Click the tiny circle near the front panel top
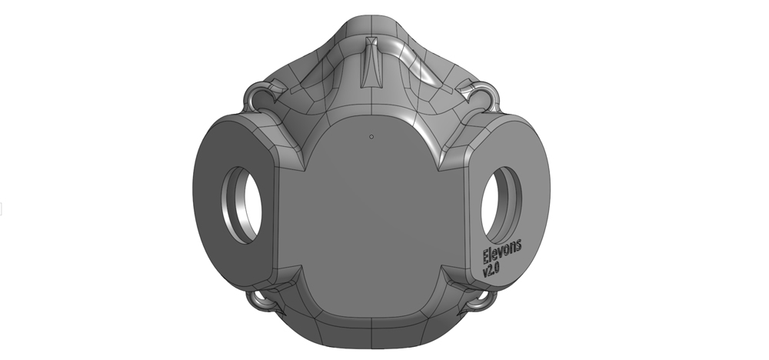[371, 136]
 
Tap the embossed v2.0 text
[491, 269]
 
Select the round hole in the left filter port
[241, 205]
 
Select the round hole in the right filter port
[501, 205]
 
